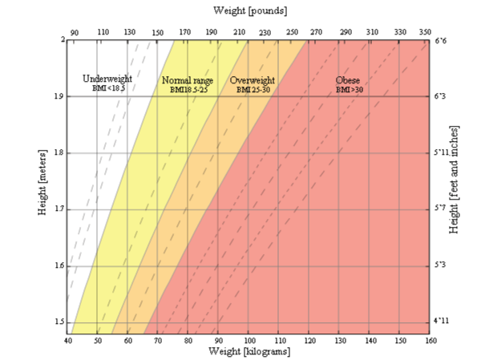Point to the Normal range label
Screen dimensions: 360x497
pyautogui.click(x=188, y=81)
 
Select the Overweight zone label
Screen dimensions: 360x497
pyautogui.click(x=253, y=81)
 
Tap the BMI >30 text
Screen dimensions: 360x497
pyautogui.click(x=349, y=91)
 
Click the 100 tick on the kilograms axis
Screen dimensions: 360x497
pyautogui.click(x=249, y=341)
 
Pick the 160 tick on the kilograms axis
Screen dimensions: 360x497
pyautogui.click(x=430, y=341)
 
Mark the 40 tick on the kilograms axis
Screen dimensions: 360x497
pyautogui.click(x=68, y=341)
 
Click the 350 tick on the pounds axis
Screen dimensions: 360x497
pyautogui.click(x=425, y=32)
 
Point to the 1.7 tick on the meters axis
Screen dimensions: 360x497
pyautogui.click(x=58, y=209)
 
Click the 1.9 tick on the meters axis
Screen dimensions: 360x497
pyautogui.click(x=58, y=96)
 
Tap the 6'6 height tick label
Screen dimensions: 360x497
pyautogui.click(x=442, y=40)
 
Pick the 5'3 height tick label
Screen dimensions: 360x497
pyautogui.click(x=442, y=265)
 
